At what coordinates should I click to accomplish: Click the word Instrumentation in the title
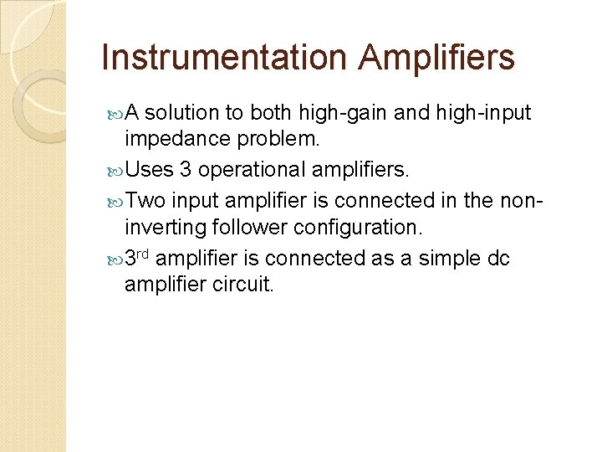(222, 58)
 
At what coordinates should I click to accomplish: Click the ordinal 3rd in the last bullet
(137, 258)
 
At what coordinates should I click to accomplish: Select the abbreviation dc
(497, 258)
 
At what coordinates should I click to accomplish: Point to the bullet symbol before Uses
(115, 171)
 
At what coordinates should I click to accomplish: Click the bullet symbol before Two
(115, 201)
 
